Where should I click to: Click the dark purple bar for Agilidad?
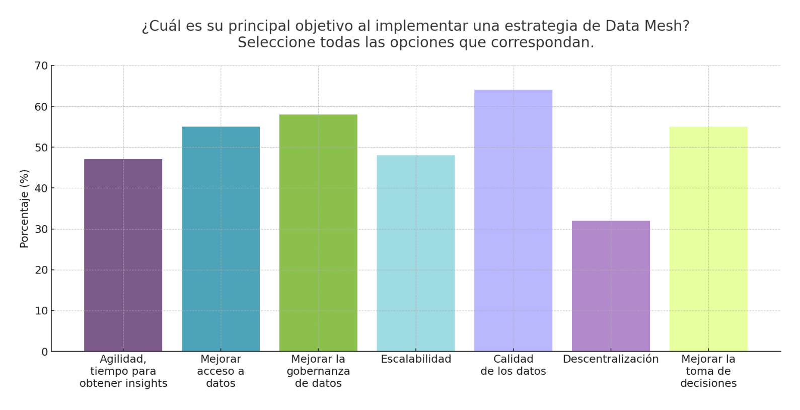(x=123, y=255)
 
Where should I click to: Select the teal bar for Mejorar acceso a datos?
(x=221, y=239)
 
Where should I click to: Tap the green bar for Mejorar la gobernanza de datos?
(x=318, y=233)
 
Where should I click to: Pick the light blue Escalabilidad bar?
(x=415, y=253)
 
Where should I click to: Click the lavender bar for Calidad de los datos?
(x=513, y=221)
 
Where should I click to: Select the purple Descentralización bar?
(x=611, y=286)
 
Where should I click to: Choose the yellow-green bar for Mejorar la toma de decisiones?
(x=708, y=239)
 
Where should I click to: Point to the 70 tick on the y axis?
(x=41, y=66)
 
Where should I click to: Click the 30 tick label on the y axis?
(x=41, y=229)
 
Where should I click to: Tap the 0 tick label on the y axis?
(x=45, y=352)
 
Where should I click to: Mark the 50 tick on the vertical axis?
(x=41, y=148)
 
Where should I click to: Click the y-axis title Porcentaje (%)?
(x=24, y=209)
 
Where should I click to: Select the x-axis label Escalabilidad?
(x=416, y=359)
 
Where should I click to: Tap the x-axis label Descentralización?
(x=611, y=359)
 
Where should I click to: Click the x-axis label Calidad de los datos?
(x=513, y=365)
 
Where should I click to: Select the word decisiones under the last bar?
(x=708, y=383)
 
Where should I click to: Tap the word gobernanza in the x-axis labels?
(x=318, y=371)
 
